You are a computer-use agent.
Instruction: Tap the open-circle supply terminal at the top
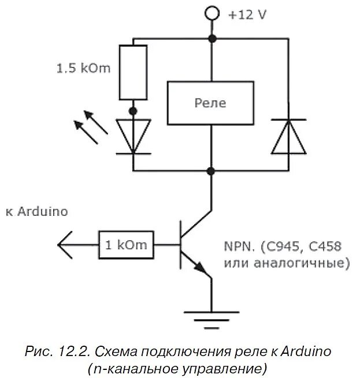(213, 12)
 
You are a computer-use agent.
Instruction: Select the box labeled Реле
(210, 103)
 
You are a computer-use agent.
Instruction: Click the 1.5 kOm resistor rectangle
(133, 73)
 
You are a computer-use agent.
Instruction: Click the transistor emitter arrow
(200, 268)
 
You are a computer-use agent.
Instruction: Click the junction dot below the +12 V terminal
(212, 39)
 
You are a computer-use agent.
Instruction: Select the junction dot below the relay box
(211, 171)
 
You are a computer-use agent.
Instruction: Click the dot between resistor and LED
(133, 110)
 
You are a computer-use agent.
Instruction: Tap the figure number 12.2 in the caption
(72, 351)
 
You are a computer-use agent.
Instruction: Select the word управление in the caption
(219, 368)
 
